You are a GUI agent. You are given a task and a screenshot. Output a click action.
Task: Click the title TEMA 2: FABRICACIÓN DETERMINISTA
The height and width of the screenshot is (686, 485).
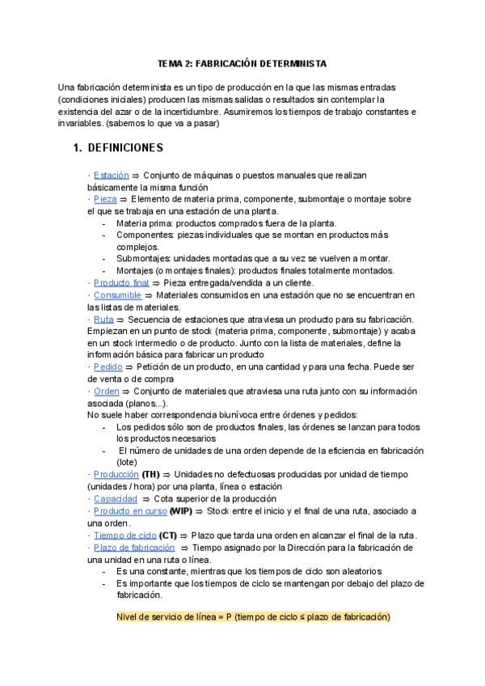pyautogui.click(x=242, y=63)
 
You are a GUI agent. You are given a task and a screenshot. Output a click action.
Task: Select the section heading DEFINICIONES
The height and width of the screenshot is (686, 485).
pyautogui.click(x=124, y=148)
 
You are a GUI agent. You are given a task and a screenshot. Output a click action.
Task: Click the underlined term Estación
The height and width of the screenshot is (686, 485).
pyautogui.click(x=112, y=175)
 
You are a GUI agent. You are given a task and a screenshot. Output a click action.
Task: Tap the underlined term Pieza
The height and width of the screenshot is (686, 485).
pyautogui.click(x=105, y=198)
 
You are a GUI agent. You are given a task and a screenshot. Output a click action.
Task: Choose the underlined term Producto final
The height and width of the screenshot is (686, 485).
pyautogui.click(x=121, y=282)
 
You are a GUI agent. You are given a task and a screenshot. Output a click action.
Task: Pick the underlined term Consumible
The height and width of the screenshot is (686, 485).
pyautogui.click(x=117, y=295)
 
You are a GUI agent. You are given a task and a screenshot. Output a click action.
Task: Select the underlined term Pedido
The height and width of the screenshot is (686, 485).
pyautogui.click(x=108, y=366)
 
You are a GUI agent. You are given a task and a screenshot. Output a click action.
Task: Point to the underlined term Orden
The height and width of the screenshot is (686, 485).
pyautogui.click(x=107, y=390)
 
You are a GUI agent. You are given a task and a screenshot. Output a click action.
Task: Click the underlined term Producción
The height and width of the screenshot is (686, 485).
pyautogui.click(x=116, y=474)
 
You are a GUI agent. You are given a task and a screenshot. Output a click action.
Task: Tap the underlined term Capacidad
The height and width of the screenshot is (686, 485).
pyautogui.click(x=116, y=498)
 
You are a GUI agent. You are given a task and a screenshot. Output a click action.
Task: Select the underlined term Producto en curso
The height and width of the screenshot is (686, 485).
pyautogui.click(x=130, y=510)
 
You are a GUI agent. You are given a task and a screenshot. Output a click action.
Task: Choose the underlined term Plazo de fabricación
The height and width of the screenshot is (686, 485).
pyautogui.click(x=132, y=547)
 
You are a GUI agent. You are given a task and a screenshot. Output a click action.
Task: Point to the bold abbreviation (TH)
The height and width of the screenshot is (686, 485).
pyautogui.click(x=151, y=474)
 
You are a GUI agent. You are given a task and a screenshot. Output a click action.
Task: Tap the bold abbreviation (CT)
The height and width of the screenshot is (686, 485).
pyautogui.click(x=168, y=535)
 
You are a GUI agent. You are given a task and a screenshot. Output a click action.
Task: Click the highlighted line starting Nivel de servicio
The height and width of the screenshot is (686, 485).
pyautogui.click(x=253, y=617)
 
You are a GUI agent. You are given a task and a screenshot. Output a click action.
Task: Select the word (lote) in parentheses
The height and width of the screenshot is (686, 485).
pyautogui.click(x=129, y=462)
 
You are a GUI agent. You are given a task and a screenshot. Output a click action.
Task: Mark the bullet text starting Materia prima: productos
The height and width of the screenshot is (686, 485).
pyautogui.click(x=226, y=223)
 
